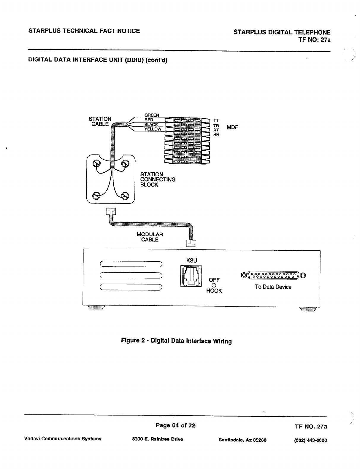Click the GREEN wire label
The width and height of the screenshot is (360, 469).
[151, 115]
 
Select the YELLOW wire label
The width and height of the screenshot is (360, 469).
[153, 129]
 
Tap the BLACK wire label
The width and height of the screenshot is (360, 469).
[151, 125]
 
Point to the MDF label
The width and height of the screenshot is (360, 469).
[232, 128]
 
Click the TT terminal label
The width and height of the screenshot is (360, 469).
[216, 120]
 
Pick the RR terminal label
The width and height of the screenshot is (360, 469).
[216, 134]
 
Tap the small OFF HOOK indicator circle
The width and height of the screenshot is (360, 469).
[214, 285]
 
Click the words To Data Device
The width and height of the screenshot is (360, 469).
[273, 287]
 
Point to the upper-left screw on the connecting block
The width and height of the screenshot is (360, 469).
[97, 164]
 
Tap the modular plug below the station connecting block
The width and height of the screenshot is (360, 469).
[111, 211]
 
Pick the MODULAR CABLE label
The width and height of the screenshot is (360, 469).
[150, 237]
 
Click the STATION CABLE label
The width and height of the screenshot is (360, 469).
[100, 122]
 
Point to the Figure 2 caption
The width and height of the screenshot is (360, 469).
[176, 341]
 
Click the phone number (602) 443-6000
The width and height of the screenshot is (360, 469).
[310, 440]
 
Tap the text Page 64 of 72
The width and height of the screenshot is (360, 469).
[176, 425]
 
